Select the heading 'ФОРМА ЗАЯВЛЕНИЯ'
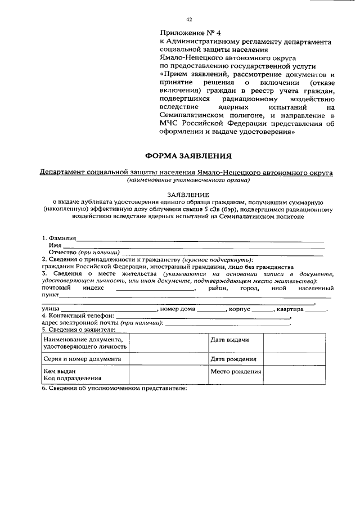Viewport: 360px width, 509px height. pyautogui.click(x=188, y=155)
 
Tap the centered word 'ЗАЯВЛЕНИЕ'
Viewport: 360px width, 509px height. pyautogui.click(x=188, y=194)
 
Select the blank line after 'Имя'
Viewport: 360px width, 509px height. pyautogui.click(x=193, y=246)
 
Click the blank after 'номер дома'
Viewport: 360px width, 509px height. pyautogui.click(x=210, y=309)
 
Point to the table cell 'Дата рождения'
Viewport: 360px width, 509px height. pyautogui.click(x=233, y=359)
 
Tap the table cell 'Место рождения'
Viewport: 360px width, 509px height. pyautogui.click(x=236, y=372)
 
